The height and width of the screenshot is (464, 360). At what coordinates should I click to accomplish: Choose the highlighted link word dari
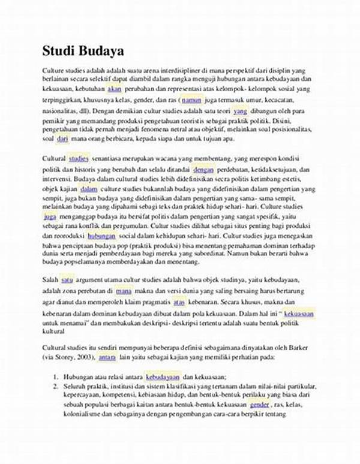pyautogui.click(x=62, y=139)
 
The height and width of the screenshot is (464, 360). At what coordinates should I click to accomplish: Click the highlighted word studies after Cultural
pyautogui.click(x=79, y=159)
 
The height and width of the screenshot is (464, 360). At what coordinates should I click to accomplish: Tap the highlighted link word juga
pyautogui.click(x=50, y=218)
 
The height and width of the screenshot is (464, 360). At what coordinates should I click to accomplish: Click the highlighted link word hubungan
pyautogui.click(x=101, y=237)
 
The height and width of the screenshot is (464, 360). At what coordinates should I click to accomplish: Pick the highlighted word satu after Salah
pyautogui.click(x=67, y=279)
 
